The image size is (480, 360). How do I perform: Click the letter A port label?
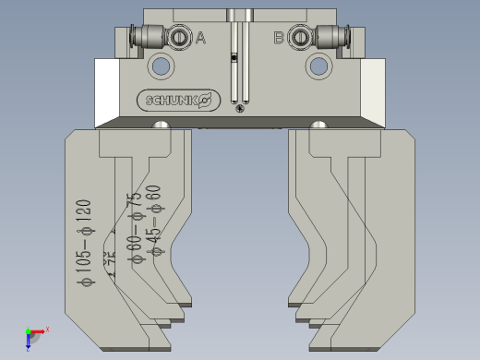coord(201,38)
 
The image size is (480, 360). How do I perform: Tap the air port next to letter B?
coord(300,38)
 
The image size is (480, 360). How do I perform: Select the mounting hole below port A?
coord(162,66)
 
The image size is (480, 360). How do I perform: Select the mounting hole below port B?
coord(318,66)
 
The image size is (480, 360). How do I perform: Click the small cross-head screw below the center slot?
coord(240,110)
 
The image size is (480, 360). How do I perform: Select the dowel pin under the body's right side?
coord(318,125)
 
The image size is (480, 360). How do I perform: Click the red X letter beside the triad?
coord(47,329)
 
